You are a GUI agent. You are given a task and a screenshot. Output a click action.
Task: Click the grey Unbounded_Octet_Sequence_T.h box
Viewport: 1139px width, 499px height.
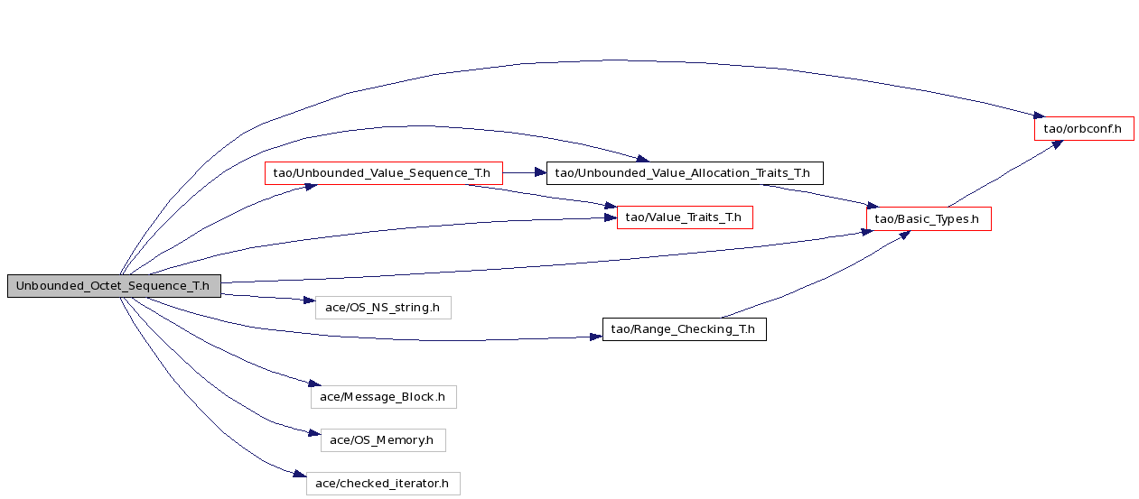point(114,286)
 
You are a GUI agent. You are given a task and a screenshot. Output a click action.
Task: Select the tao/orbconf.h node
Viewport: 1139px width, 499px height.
point(1084,128)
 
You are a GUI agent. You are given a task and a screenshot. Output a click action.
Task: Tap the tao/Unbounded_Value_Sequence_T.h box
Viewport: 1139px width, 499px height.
point(383,173)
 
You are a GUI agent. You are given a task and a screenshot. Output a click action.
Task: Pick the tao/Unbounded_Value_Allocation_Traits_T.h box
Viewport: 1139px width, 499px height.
point(685,173)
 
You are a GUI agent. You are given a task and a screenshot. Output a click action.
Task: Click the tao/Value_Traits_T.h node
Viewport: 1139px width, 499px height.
point(685,217)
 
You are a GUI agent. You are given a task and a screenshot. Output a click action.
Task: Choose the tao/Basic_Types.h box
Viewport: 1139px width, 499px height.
point(929,219)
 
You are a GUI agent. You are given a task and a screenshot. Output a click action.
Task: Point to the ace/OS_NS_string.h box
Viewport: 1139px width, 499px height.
point(383,308)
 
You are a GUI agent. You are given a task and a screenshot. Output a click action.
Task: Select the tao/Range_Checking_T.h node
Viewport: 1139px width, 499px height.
point(684,329)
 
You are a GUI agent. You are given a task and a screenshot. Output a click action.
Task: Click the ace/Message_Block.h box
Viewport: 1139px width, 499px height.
point(383,397)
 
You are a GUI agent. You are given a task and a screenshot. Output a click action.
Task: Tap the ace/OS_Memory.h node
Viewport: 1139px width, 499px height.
point(383,440)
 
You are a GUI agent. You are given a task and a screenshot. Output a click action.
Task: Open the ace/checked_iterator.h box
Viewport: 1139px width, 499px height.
point(383,484)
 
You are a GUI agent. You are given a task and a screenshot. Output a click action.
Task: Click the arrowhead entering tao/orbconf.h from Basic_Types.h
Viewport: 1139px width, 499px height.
point(1057,144)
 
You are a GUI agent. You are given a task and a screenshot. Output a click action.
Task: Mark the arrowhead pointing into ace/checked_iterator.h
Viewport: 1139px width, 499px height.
point(300,474)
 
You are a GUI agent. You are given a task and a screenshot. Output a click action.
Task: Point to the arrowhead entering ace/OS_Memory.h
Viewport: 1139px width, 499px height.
point(314,433)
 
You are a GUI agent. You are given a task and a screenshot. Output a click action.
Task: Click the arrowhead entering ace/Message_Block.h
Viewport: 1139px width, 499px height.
point(315,383)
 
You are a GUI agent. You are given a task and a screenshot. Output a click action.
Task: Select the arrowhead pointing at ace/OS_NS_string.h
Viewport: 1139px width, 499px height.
point(309,300)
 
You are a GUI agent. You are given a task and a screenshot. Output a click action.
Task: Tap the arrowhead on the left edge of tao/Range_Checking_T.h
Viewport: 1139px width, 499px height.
point(596,337)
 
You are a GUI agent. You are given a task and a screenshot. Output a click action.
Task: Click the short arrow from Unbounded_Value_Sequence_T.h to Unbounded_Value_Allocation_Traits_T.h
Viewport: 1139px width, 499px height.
point(525,172)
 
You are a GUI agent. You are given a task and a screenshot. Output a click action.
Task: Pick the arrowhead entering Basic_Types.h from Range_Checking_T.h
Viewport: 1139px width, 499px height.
point(904,235)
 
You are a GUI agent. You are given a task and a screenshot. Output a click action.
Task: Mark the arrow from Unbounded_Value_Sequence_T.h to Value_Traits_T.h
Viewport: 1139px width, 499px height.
point(542,196)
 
